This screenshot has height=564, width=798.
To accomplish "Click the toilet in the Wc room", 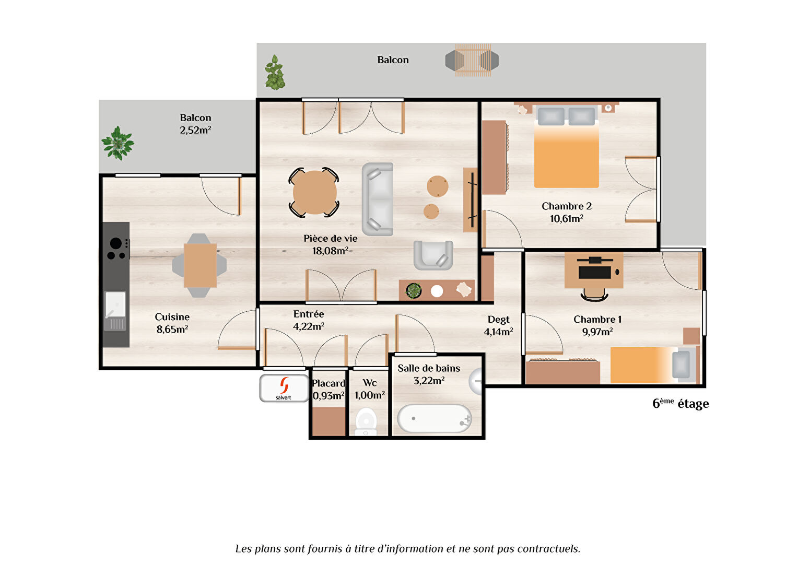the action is tap(366, 422).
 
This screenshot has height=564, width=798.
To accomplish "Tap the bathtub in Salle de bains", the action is tap(435, 419).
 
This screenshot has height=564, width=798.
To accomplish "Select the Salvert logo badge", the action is tap(284, 388).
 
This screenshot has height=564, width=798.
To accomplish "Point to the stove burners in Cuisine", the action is tap(117, 249).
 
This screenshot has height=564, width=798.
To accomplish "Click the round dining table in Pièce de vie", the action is tap(314, 192).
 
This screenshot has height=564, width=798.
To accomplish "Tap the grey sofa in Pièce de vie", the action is tap(378, 199).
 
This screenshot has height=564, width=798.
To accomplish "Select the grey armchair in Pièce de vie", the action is tap(433, 255).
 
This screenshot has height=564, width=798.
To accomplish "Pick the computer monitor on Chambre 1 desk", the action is tap(595, 272).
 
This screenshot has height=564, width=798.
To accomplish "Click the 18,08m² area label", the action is tap(330, 251).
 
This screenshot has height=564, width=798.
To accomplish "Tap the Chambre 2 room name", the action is tap(567, 206).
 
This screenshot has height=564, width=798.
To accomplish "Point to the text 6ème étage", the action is tap(680, 404).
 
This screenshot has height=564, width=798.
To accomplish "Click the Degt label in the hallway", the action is tap(498, 320).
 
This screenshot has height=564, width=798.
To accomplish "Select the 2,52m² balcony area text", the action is tap(195, 130).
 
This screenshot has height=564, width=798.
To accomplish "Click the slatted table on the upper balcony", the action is tap(473, 60).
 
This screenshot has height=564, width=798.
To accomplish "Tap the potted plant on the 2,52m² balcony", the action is tap(118, 143).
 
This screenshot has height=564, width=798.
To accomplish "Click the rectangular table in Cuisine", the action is tap(200, 265).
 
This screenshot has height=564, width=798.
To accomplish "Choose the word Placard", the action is tap(328, 383).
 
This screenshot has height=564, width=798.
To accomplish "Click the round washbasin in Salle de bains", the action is tap(475, 381).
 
